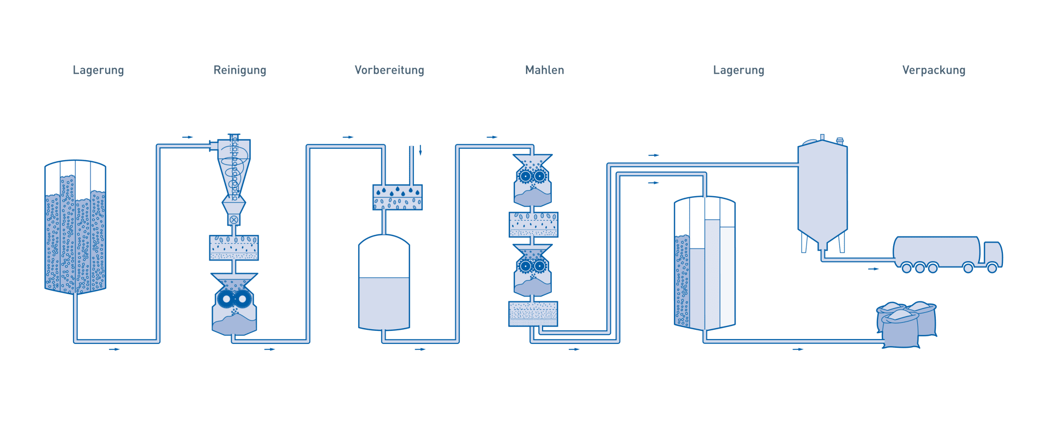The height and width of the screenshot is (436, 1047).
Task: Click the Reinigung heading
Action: (x=239, y=70)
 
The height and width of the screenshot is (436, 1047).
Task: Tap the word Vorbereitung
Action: (x=389, y=70)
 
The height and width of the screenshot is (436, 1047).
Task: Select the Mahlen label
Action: (x=544, y=70)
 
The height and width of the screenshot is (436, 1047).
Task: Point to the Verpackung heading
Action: (x=933, y=70)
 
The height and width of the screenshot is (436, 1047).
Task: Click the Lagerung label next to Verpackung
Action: (x=738, y=70)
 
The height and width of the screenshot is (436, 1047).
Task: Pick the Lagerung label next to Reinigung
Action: (x=98, y=70)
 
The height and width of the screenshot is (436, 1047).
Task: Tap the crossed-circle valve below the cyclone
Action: (x=234, y=220)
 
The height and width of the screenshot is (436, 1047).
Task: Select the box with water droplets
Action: (x=398, y=197)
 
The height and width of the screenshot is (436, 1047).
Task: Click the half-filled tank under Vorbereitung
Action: (x=384, y=283)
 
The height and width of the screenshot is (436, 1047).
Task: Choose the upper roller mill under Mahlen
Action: (x=532, y=180)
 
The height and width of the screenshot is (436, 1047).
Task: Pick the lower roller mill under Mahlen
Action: (x=532, y=270)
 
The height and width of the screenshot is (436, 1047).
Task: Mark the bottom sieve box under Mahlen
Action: (x=533, y=313)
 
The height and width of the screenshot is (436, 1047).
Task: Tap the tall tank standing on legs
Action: (x=822, y=191)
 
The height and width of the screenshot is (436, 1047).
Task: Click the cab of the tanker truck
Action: (x=992, y=254)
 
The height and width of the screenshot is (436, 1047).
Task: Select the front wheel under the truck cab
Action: (x=992, y=268)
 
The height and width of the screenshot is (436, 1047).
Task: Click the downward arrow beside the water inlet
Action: (x=420, y=150)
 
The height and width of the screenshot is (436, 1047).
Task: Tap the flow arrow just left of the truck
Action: (x=874, y=269)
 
